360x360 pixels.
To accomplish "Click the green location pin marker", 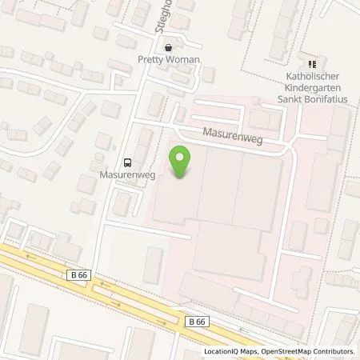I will click(182, 162).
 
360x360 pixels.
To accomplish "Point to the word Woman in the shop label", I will click(182, 60).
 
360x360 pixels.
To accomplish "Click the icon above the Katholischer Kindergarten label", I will click(312, 64).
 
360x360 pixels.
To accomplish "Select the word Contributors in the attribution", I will click(335, 351).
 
